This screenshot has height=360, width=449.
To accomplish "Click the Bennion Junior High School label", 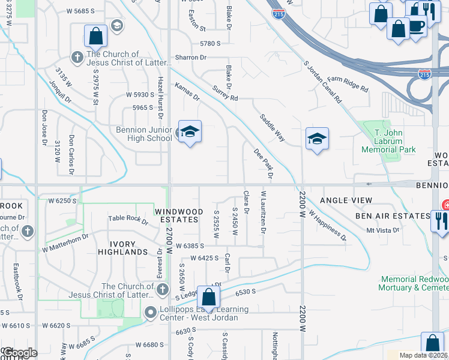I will pos(144,134).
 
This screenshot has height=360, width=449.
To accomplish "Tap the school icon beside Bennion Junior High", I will pos(189,133).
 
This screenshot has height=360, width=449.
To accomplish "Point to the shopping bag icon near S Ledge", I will pos(208,297).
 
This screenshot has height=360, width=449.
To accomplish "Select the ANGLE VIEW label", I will pos(346,200).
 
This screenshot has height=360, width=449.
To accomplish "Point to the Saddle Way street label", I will pos(272,128).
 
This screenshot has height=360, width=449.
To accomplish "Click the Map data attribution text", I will pos(423,355).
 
